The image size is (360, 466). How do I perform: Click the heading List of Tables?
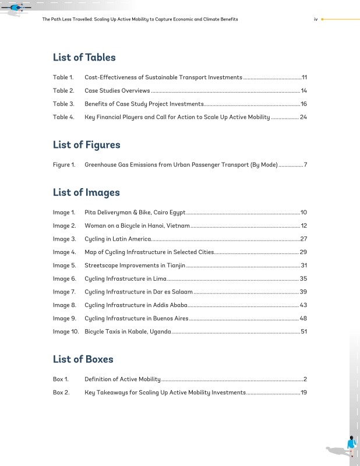[x=84, y=57]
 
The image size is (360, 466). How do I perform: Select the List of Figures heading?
[x=86, y=144]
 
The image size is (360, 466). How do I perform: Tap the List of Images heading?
[x=86, y=192]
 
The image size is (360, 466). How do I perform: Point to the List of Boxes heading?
[x=83, y=359]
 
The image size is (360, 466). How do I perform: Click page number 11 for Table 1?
[x=304, y=77]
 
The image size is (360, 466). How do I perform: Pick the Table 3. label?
[x=63, y=104]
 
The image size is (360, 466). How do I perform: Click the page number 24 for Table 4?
[x=303, y=117]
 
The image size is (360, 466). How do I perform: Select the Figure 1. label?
[x=64, y=165]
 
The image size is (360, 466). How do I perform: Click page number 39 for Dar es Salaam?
[x=303, y=292]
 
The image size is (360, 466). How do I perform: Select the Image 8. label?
[x=65, y=305]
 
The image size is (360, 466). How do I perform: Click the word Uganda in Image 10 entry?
[x=161, y=331]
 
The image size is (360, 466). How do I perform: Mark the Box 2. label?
[x=61, y=393]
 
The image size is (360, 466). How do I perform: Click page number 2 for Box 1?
[x=305, y=379]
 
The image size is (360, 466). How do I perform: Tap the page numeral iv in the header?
[x=315, y=19]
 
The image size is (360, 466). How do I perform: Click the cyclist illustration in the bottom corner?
[x=351, y=447]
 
